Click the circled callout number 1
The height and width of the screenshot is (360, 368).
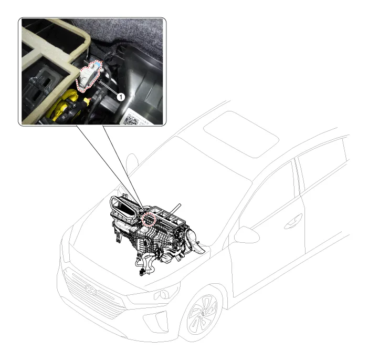(x=121, y=97)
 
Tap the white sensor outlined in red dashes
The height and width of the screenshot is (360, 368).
(x=89, y=76)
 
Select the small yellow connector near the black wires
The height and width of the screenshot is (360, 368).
(x=87, y=101)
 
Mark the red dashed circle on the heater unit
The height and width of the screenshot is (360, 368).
(x=149, y=219)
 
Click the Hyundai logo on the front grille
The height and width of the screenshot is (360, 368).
(x=91, y=290)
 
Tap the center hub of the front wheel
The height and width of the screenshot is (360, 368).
(x=203, y=313)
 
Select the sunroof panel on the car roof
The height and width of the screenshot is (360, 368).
(x=241, y=134)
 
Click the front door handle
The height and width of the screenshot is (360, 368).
(x=293, y=221)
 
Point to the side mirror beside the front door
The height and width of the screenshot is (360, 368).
(x=246, y=235)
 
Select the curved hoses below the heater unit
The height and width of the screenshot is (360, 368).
(x=146, y=263)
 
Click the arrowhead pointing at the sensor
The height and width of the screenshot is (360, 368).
(x=100, y=81)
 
